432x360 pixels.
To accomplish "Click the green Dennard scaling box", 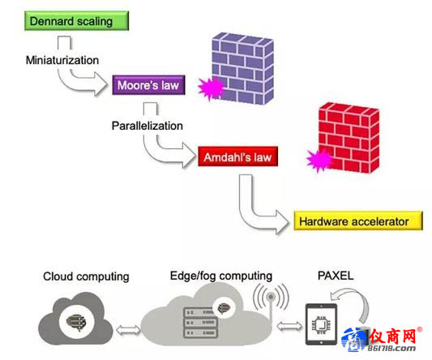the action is click(76, 20).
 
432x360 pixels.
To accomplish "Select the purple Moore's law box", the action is click(148, 85).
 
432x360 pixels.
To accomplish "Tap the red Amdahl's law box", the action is click(237, 156).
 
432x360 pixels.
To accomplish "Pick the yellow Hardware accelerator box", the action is click(358, 221).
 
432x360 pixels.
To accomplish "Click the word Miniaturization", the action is click(62, 60).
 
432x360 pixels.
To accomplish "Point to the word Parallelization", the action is click(148, 126).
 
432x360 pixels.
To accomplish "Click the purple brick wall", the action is click(242, 69).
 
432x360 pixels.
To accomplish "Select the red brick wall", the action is click(349, 137).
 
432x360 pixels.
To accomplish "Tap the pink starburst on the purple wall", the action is click(212, 88).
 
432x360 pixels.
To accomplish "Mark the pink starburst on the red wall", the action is click(319, 161).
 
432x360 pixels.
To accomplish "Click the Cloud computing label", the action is click(86, 276).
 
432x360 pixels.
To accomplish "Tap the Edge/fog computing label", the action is click(221, 276).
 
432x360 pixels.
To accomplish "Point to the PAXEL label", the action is click(336, 276).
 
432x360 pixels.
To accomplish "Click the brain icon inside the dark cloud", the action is click(76, 322).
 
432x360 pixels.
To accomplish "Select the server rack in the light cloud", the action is click(201, 323).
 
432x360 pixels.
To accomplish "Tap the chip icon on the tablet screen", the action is click(321, 324).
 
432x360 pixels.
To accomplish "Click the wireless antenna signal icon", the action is click(271, 298).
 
